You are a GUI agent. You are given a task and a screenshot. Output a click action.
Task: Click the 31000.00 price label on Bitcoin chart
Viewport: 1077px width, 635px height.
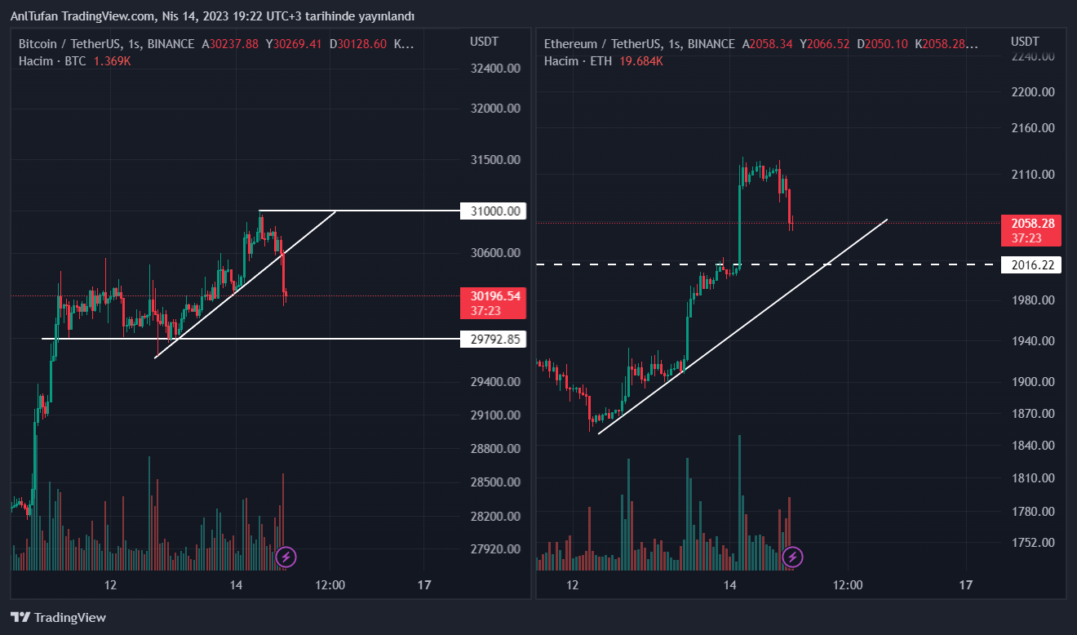[x=493, y=211]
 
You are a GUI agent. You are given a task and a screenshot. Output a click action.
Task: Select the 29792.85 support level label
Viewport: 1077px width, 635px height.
[x=493, y=339]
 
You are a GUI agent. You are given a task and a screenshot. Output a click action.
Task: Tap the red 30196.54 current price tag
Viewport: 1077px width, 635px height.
[x=493, y=303]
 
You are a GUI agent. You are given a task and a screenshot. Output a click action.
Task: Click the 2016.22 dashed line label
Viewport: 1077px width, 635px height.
[x=1030, y=264]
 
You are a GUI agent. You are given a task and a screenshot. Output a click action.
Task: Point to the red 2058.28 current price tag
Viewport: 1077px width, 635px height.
[x=1030, y=230]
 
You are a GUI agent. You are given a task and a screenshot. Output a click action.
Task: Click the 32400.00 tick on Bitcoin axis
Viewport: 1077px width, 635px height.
[x=495, y=68]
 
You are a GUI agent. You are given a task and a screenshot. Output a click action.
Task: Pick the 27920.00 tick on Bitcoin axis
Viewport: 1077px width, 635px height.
[x=495, y=548]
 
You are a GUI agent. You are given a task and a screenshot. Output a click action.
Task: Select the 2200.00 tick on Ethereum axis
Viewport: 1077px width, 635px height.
[x=1033, y=91]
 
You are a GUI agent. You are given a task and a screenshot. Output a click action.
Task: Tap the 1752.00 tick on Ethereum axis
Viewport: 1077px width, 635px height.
[x=1033, y=542]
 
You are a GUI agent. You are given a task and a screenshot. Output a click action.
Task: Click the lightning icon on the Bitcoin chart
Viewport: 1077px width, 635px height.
[x=286, y=557]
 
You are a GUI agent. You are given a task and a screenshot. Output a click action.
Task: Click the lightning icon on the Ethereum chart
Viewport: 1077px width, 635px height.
[x=792, y=557]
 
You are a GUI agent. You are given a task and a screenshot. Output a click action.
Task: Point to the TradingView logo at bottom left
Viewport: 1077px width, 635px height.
[x=58, y=618]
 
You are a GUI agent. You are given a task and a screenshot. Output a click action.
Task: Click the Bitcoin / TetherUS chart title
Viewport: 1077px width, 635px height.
[x=72, y=44]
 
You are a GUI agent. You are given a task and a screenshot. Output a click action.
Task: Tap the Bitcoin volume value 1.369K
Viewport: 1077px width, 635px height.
[x=112, y=61]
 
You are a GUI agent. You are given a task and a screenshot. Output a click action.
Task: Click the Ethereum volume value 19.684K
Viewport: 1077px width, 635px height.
[x=640, y=61]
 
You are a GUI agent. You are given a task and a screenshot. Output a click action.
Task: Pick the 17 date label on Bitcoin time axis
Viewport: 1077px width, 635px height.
[x=423, y=585]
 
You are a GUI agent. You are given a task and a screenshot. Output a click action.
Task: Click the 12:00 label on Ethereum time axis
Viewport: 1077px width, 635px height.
[x=848, y=585]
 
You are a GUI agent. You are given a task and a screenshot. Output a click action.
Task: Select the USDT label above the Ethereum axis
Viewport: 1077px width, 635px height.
[x=1025, y=42]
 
